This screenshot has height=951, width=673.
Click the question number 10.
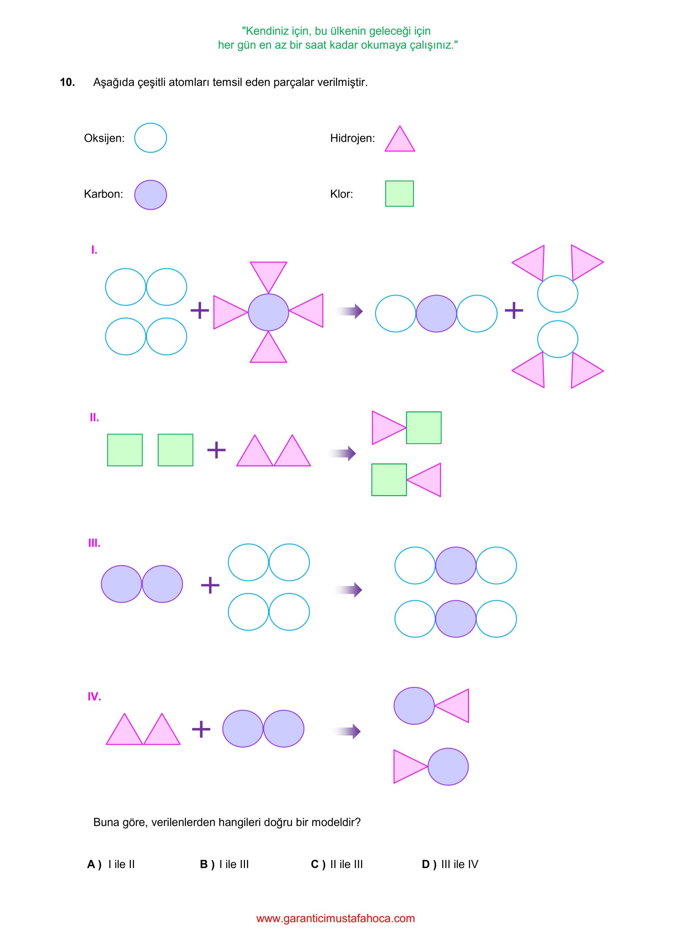[67, 82]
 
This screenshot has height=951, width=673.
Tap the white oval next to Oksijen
[150, 138]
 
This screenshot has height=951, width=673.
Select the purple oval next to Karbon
[150, 195]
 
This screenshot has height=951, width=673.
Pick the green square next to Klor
[399, 193]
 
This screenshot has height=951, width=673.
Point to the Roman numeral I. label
[94, 250]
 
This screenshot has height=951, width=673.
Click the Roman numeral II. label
[94, 417]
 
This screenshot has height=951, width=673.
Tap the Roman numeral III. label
[94, 543]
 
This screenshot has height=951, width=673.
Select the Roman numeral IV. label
[94, 697]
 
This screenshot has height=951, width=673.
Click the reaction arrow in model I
[349, 311]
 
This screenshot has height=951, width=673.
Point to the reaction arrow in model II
[342, 453]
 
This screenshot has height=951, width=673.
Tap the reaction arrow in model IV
[347, 732]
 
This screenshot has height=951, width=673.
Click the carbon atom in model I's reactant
[268, 312]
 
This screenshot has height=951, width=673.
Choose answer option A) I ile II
[111, 864]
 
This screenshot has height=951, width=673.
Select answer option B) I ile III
[225, 864]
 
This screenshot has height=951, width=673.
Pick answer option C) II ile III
[337, 864]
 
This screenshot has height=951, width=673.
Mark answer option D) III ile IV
[450, 864]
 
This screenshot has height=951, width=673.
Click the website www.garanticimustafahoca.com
[336, 919]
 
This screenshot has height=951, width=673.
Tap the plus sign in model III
[210, 585]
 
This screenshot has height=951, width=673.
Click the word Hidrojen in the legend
[352, 138]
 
